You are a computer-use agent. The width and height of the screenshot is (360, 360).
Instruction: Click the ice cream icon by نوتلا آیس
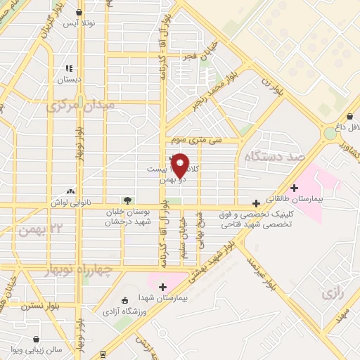(x=79, y=13)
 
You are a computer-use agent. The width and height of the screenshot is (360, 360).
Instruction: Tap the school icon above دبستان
(x=69, y=68)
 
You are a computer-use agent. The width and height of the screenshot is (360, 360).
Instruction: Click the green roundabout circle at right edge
(x=330, y=132)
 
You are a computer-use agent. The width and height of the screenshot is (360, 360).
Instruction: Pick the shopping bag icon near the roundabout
(x=349, y=116)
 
